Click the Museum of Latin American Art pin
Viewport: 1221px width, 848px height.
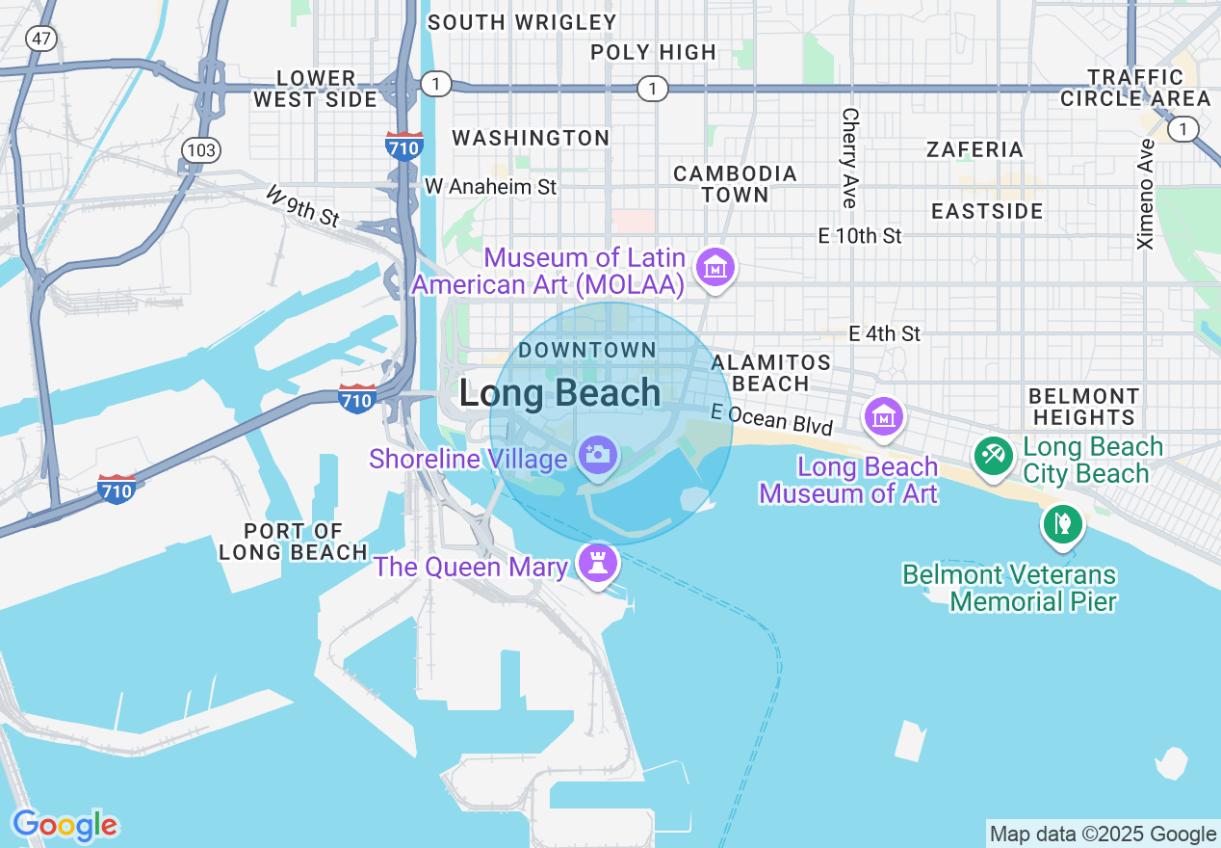click(716, 267)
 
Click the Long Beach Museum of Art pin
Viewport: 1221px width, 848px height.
click(884, 416)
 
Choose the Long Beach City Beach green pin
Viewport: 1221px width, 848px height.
click(993, 455)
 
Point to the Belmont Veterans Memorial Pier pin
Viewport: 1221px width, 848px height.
click(1062, 525)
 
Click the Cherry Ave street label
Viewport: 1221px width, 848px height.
click(849, 157)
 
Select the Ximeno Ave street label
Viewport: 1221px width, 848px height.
click(1145, 194)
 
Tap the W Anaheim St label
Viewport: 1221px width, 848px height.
click(490, 187)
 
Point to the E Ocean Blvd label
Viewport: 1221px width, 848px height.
click(771, 418)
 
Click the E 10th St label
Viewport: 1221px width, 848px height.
click(859, 236)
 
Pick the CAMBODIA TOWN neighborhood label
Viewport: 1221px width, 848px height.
click(735, 184)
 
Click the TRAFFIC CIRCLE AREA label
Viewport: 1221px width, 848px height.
click(1135, 88)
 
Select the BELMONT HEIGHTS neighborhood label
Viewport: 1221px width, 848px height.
click(1083, 407)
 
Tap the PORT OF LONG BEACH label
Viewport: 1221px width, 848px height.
click(293, 542)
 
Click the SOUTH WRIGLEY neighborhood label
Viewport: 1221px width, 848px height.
click(521, 22)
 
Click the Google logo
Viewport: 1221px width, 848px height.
click(65, 825)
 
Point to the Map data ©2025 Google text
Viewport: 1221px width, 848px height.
click(1103, 835)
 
